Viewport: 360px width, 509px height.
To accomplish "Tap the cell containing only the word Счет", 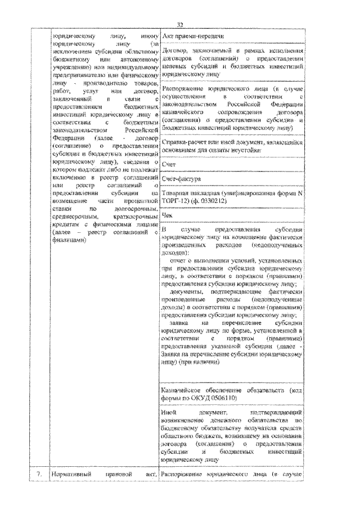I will tap(168, 164).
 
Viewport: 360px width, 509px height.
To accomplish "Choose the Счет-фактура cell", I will tap(179, 179).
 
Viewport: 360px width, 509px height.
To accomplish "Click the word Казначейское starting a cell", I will tap(183, 390).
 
